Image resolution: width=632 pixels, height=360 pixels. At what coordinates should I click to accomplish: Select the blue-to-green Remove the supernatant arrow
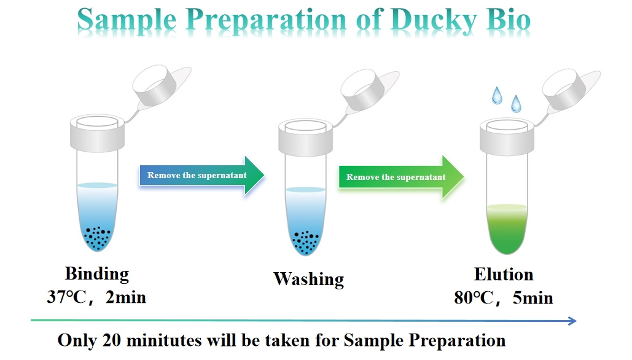point(202,175)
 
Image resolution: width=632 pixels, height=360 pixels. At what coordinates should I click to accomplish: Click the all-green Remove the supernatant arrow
point(402,177)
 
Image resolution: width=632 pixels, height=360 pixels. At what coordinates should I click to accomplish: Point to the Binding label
point(97,274)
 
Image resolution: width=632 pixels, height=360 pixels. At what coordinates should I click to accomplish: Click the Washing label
point(309,279)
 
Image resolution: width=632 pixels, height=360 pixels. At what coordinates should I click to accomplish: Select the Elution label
point(504,275)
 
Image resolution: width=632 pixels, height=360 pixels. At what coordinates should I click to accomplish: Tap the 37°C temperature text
point(66,297)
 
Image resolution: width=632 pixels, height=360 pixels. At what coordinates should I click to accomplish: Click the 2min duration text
point(126,297)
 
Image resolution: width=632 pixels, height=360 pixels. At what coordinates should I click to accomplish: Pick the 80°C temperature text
point(474,298)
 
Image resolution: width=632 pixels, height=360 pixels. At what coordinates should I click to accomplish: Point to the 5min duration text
point(533,298)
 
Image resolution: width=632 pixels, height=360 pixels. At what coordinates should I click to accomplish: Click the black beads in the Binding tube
point(97,237)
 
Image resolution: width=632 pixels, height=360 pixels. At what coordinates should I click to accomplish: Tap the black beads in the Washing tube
point(305,242)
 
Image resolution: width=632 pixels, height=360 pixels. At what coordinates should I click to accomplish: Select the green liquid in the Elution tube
point(507,229)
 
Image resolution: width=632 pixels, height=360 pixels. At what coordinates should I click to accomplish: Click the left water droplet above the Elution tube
point(497,96)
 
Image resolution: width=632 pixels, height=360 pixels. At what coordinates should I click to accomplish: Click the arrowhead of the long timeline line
point(572,321)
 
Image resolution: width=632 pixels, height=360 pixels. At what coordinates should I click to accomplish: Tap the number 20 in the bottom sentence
point(112,340)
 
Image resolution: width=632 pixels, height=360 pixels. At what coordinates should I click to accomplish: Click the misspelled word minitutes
point(164,340)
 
